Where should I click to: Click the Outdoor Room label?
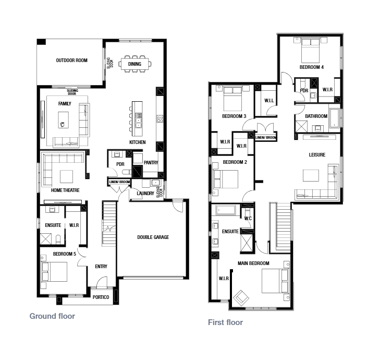point(72,61)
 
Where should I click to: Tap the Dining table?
point(135,64)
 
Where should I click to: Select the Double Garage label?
point(153,237)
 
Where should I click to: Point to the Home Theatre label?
point(65,190)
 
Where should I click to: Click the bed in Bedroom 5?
point(55,272)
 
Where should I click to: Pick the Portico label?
point(101,297)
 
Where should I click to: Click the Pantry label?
point(151,163)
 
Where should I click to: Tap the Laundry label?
point(145,194)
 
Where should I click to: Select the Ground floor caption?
point(52,316)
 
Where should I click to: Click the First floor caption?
point(225,322)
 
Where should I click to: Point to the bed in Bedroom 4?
point(310,50)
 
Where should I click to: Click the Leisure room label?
point(317,155)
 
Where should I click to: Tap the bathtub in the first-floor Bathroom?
point(334,118)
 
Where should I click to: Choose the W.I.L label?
point(269,101)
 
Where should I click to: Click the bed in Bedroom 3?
point(232,99)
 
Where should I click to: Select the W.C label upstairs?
point(248,219)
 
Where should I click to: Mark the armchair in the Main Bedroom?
point(241,298)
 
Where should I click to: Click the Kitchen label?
point(138,142)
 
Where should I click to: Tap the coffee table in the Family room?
point(63,120)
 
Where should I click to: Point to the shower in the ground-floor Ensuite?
point(46,239)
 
